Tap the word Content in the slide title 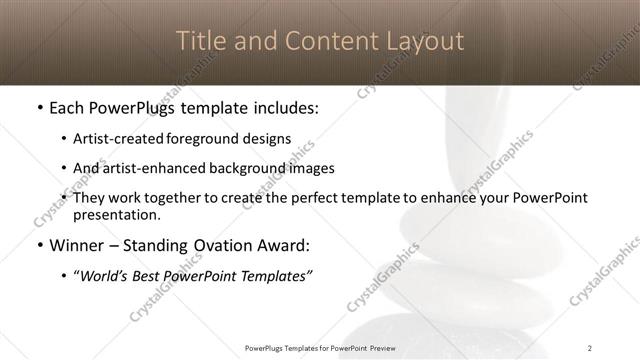pos(316,42)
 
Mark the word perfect pos(319,198)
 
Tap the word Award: pos(284,245)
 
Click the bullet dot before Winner pos(38,246)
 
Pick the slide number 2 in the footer pos(589,348)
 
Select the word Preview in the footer pos(380,348)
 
